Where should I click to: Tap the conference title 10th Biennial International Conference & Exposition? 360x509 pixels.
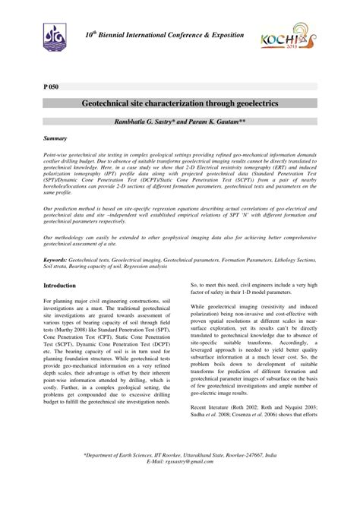pos(164,36)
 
